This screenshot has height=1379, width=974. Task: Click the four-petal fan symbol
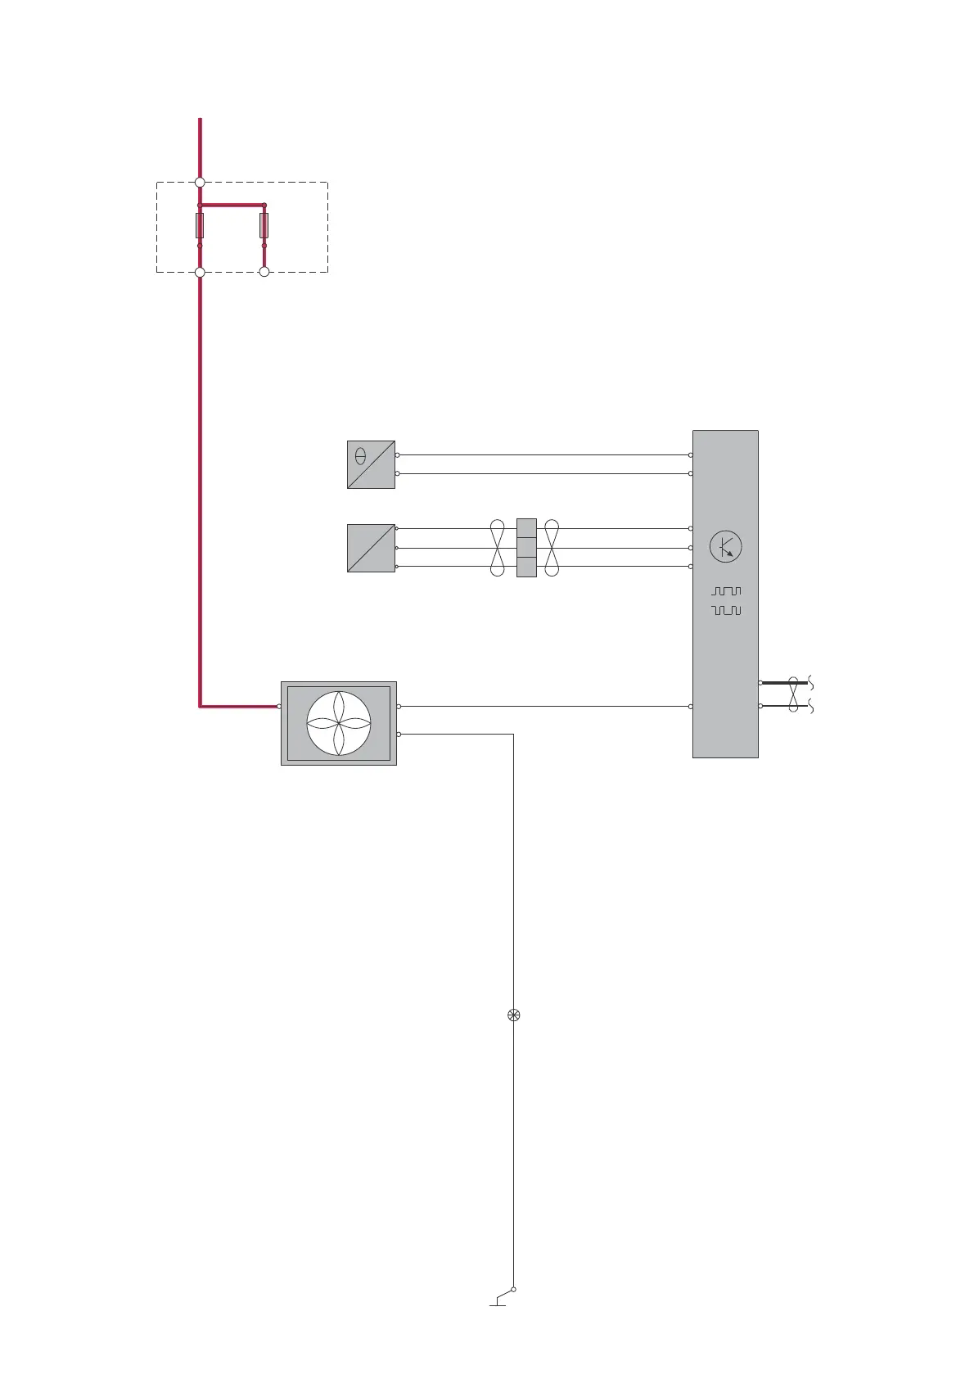click(339, 723)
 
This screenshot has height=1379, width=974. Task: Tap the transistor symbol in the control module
click(725, 547)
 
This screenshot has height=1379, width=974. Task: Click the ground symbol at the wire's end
click(498, 1302)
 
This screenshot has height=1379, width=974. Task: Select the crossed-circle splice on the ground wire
click(513, 1015)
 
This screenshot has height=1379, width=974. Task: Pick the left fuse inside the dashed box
click(200, 226)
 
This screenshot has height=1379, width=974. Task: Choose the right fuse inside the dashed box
click(264, 226)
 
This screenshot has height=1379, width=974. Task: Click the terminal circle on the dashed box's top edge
click(200, 183)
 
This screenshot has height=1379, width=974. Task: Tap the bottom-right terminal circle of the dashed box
click(264, 272)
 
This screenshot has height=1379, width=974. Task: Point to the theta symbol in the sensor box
click(360, 456)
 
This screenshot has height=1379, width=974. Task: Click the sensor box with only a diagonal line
click(371, 548)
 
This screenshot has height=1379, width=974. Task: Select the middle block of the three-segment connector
click(526, 547)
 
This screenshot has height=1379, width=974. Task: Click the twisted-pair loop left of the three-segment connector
click(497, 547)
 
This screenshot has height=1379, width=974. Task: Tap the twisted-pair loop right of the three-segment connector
click(552, 547)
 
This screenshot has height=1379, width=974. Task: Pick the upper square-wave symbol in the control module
click(726, 590)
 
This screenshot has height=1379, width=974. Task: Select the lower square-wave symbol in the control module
click(726, 611)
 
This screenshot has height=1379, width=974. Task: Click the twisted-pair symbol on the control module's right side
click(792, 694)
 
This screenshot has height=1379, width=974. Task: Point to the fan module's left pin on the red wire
click(280, 706)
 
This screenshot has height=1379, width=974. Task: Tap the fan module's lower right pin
click(399, 735)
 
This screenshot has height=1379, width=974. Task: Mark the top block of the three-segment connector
click(526, 528)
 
